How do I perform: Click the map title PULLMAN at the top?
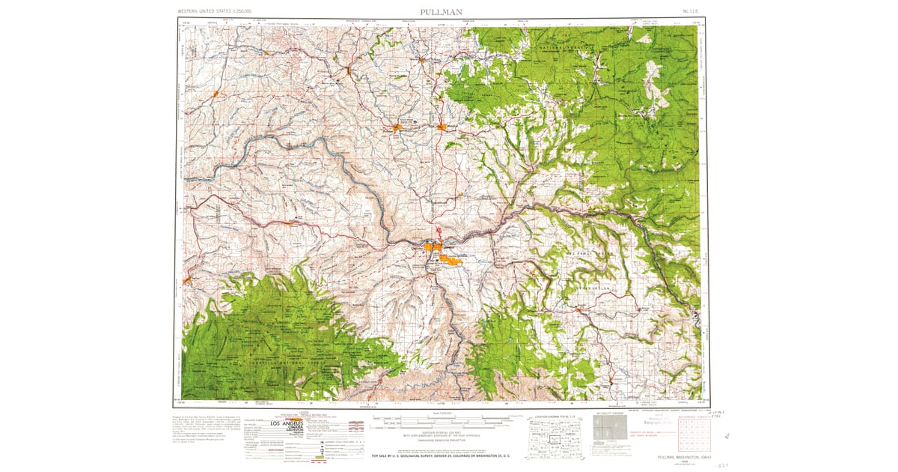point(442,11)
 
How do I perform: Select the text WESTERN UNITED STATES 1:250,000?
point(215,12)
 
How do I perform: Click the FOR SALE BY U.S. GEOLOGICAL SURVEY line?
point(441,454)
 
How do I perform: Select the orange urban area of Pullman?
point(397,127)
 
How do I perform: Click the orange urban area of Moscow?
point(442,127)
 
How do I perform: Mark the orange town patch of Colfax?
point(349,72)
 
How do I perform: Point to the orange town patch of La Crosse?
point(216,94)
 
